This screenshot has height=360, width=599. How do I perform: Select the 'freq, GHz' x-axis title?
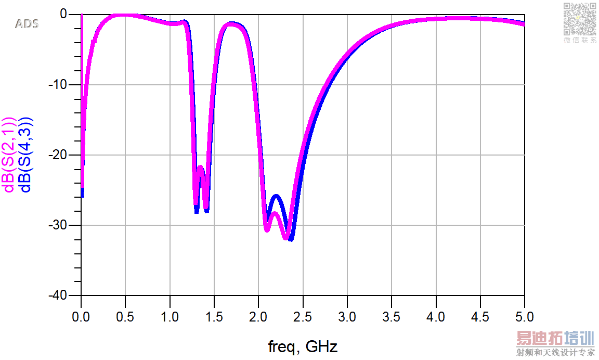click(303, 346)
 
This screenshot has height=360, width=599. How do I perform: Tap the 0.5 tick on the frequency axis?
click(125, 316)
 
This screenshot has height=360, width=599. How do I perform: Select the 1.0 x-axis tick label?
click(170, 316)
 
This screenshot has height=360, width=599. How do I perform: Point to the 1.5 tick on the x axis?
click(214, 316)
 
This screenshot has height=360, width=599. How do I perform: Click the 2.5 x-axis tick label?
click(303, 316)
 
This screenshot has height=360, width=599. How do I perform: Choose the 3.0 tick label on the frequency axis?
click(347, 316)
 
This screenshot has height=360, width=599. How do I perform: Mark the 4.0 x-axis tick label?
click(436, 316)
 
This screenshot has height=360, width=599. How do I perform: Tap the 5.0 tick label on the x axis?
click(524, 316)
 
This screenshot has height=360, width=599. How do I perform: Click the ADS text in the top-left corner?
click(27, 24)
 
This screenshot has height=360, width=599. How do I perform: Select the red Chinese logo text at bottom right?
click(555, 339)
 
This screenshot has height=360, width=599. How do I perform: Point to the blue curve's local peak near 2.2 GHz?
click(276, 196)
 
